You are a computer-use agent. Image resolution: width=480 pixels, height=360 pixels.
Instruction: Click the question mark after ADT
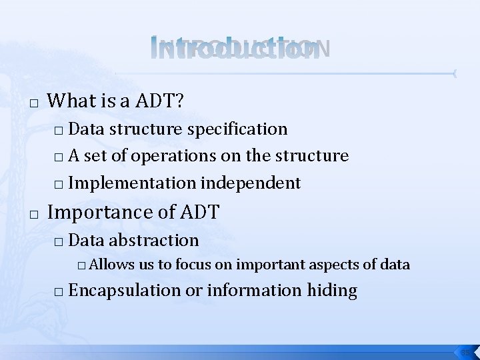pos(180,101)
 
